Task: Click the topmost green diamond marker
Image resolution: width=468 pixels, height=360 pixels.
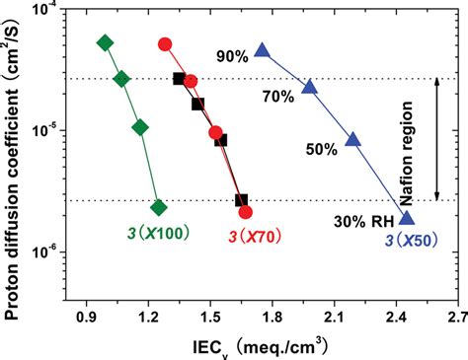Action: point(106,42)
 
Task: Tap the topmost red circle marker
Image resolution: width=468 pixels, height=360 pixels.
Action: point(166,44)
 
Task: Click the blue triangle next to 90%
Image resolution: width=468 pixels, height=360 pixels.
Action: point(262,50)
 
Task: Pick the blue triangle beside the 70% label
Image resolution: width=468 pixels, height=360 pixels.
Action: point(309,87)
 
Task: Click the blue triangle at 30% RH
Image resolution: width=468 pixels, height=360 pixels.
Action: point(406,218)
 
